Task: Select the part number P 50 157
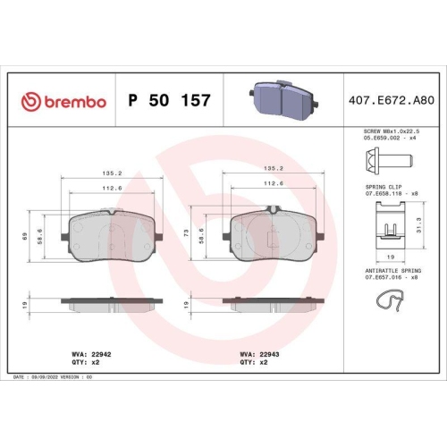pos(170,100)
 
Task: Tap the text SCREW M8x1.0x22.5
pos(389,131)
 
